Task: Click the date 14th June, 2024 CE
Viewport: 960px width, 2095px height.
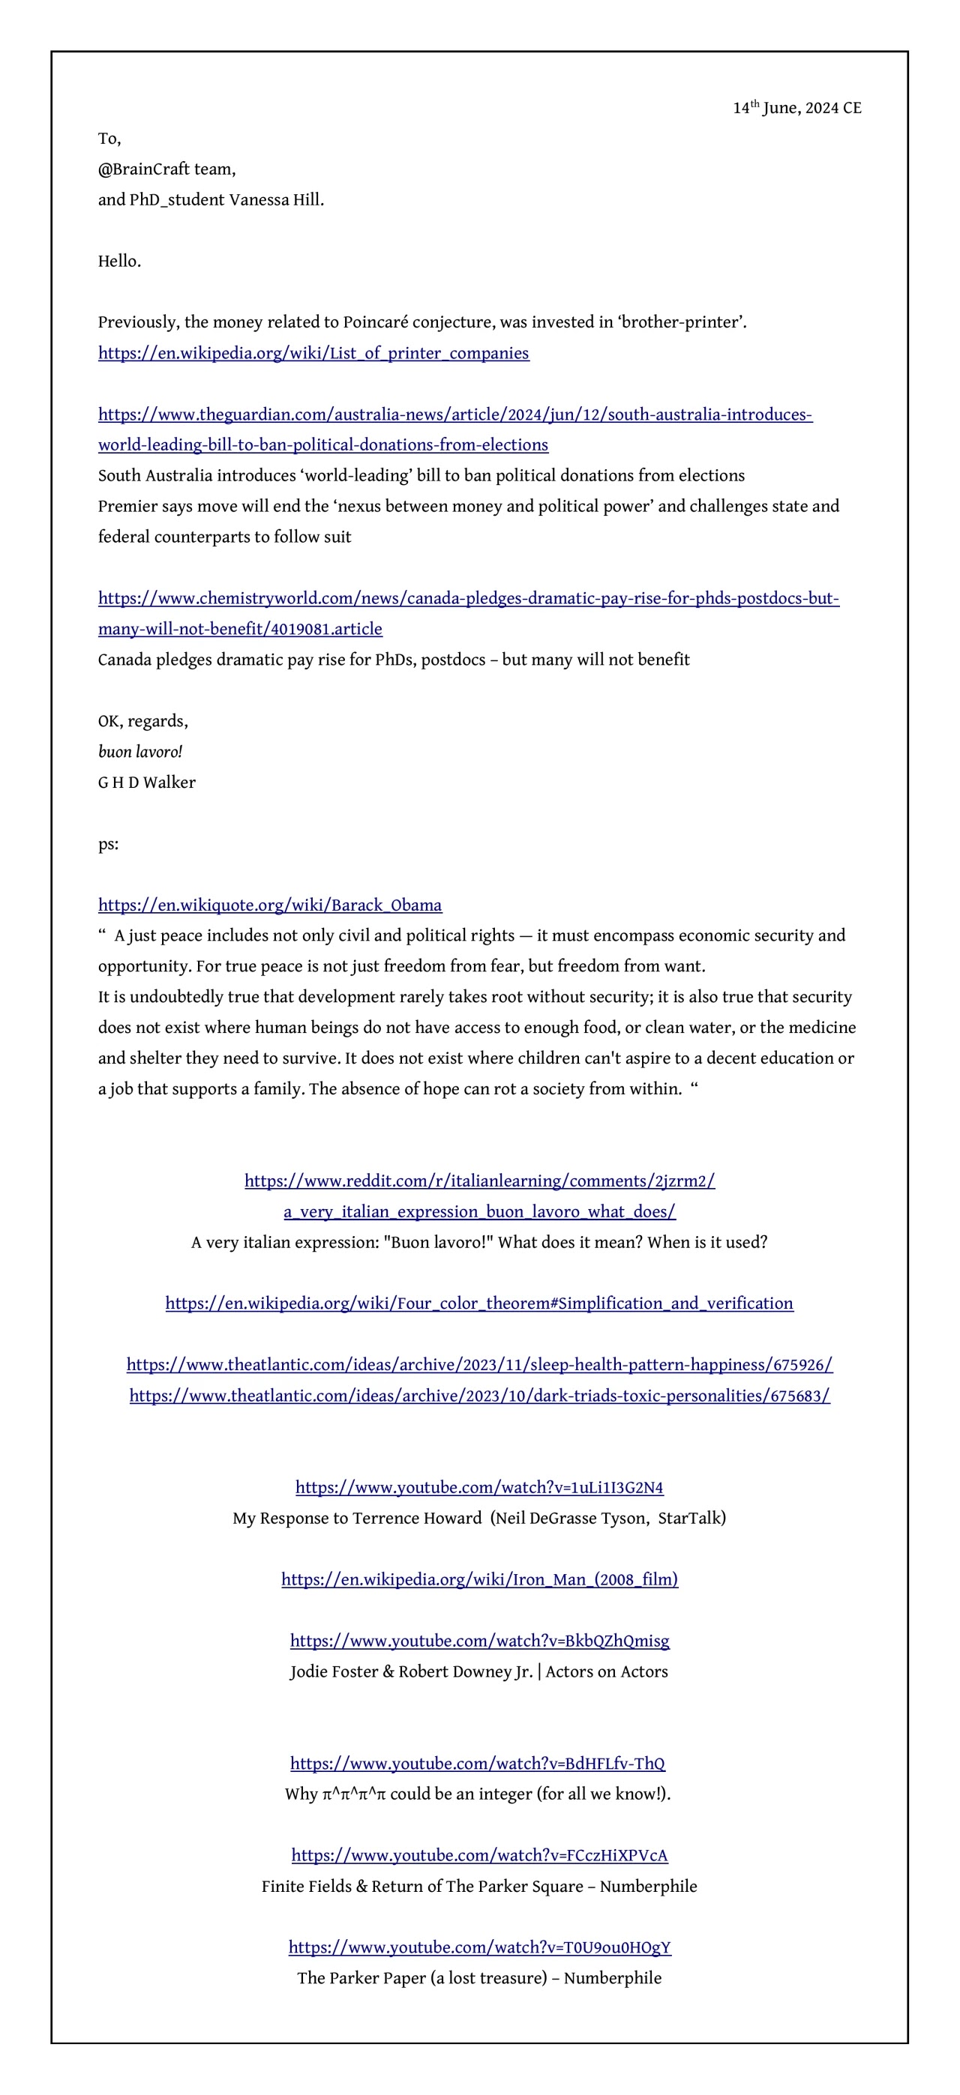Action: click(796, 108)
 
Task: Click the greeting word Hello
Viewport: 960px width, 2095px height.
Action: click(118, 261)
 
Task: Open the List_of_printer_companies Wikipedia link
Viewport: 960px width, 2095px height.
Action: click(313, 353)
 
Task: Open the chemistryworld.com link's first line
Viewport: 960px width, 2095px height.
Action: click(468, 599)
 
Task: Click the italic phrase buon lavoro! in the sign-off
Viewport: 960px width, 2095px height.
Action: click(140, 752)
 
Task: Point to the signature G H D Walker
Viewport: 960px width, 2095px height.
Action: click(146, 783)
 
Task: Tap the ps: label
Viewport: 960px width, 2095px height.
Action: click(108, 843)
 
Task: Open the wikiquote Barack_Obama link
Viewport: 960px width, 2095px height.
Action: click(269, 905)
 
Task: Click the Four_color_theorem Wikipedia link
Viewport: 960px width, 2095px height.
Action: click(479, 1303)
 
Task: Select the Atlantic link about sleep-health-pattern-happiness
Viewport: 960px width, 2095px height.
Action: click(479, 1365)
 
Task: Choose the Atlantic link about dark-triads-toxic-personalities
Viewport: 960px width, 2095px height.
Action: click(479, 1396)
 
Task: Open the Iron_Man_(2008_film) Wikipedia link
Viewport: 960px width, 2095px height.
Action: click(479, 1579)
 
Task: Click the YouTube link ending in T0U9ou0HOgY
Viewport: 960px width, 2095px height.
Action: click(479, 1947)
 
